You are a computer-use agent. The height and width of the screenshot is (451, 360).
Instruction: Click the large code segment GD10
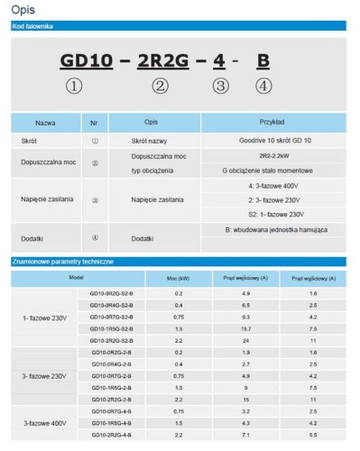pyautogui.click(x=87, y=61)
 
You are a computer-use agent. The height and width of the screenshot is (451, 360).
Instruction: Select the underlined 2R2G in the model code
pyautogui.click(x=161, y=61)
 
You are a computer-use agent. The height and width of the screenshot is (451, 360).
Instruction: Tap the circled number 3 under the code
pyautogui.click(x=219, y=87)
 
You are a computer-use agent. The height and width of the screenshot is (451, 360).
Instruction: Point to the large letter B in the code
pyautogui.click(x=263, y=61)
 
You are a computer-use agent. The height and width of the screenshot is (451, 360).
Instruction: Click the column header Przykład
pyautogui.click(x=272, y=121)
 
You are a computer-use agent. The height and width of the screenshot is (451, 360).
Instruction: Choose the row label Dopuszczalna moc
pyautogui.click(x=43, y=162)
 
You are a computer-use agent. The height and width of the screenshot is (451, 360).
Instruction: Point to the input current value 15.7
pyautogui.click(x=245, y=329)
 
